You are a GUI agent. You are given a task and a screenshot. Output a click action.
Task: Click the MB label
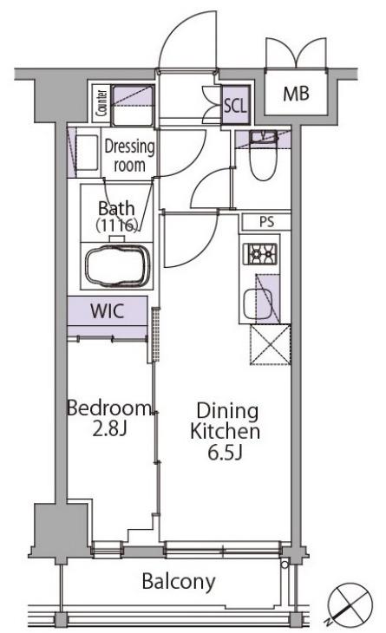[296, 94]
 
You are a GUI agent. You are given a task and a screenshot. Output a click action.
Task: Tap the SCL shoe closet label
[235, 106]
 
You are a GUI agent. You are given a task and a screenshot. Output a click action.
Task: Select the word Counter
[101, 103]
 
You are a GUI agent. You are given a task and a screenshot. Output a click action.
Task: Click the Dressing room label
[129, 156]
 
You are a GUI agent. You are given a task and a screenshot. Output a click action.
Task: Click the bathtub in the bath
[117, 264]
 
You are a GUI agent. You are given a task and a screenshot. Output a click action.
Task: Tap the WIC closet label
[107, 311]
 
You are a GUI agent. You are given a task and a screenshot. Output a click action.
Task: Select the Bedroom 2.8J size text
[109, 418]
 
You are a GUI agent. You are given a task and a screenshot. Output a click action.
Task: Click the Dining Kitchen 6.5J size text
[225, 431]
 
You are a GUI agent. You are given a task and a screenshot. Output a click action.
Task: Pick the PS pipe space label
[266, 222]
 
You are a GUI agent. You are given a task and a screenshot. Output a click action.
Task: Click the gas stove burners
[259, 254]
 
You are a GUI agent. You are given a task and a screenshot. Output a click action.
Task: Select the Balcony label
[179, 582]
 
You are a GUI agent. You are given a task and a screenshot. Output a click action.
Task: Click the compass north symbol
[350, 604]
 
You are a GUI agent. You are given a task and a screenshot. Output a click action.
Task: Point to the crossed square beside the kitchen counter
[270, 345]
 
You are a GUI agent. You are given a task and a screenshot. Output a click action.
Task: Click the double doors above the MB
[296, 53]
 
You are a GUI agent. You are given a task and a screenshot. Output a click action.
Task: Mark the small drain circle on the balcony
[285, 564]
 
